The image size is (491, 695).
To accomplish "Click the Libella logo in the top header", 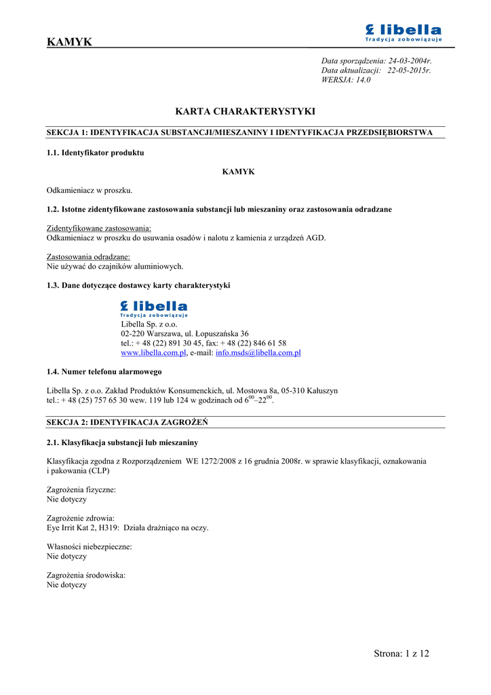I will [403, 33].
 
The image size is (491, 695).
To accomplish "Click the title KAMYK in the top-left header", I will [69, 42].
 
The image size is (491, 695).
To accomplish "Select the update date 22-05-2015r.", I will [409, 71].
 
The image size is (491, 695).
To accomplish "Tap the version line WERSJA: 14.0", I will [346, 80].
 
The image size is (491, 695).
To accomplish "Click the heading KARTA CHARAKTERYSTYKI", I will [245, 111].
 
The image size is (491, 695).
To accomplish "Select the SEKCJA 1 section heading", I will [239, 132].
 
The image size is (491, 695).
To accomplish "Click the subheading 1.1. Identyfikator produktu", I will [95, 153].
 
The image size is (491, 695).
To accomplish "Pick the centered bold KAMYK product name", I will [239, 172].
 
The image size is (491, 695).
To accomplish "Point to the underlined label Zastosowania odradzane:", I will [88, 257].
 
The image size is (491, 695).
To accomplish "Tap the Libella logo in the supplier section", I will [154, 309].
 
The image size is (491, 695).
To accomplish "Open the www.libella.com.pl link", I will [153, 353].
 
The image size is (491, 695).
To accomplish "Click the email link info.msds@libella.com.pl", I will [258, 353].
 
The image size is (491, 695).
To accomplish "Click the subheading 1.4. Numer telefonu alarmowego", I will [104, 372].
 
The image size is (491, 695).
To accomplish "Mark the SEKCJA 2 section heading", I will [127, 422].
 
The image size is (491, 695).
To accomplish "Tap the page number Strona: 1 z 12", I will [401, 654].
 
